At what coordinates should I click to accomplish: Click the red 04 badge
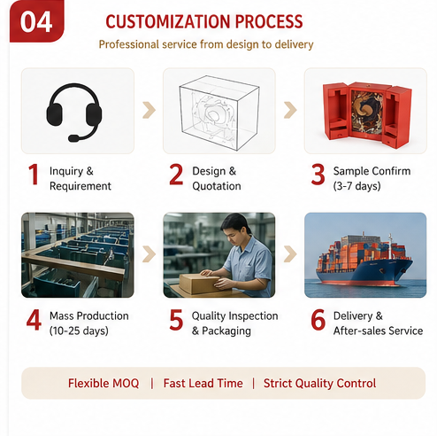pos(37,21)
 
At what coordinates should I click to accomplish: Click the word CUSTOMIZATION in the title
pos(168,21)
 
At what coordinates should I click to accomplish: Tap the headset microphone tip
pos(73,138)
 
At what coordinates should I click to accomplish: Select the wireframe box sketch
pos(219,113)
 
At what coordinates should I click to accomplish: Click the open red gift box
pos(367,114)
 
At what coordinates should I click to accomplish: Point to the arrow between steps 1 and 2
pos(149,110)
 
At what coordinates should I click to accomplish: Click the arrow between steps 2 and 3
pos(290,110)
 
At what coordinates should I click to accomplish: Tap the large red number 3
pos(318,175)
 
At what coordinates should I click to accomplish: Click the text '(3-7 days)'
pos(356,186)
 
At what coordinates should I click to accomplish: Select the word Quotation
pos(217,186)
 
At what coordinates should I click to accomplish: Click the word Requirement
pos(80,186)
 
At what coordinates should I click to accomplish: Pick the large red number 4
pos(34,320)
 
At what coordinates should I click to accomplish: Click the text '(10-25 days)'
pos(79,331)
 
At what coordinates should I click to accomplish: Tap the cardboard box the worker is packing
pos(199,284)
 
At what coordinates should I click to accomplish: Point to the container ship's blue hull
pos(364,273)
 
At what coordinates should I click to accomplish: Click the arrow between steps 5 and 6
pos(290,254)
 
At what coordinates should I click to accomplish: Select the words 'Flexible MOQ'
pos(103,383)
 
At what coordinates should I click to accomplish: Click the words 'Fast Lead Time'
pos(203,383)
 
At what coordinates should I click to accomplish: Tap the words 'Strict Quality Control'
pos(320,383)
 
